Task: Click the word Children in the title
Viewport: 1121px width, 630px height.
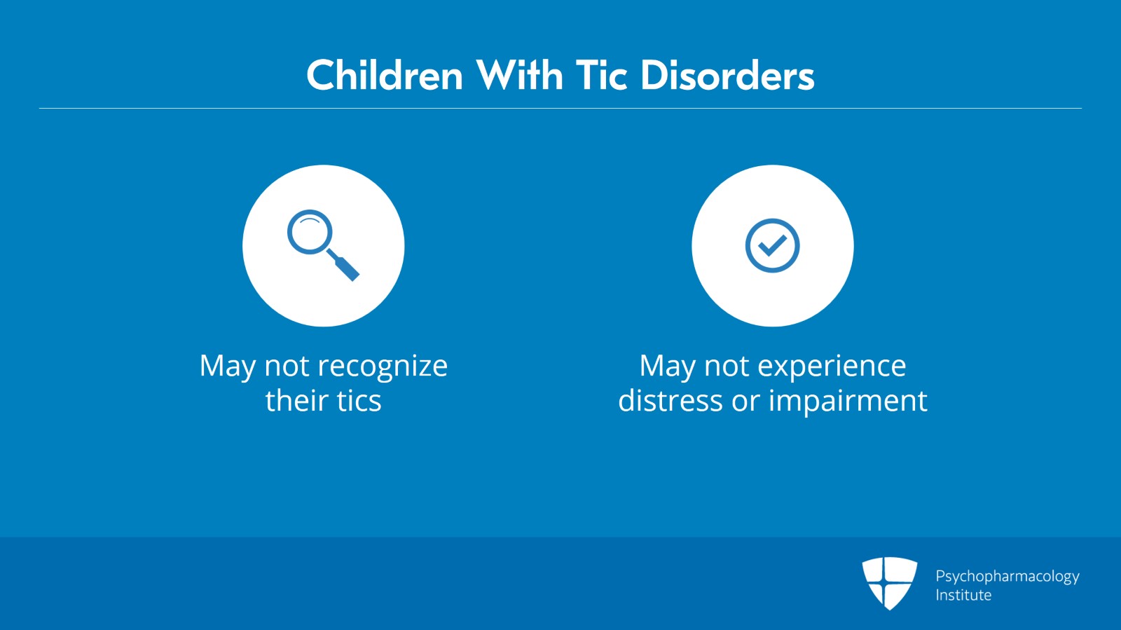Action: [x=385, y=75]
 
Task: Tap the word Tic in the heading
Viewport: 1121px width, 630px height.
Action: [x=601, y=75]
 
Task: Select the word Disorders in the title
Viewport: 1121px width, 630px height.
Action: [x=728, y=75]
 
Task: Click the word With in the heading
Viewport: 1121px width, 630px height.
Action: [x=519, y=75]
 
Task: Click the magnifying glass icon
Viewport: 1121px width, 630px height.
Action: [x=323, y=245]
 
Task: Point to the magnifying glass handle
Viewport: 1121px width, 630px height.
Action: [x=343, y=265]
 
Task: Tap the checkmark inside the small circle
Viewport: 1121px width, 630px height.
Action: [x=772, y=245]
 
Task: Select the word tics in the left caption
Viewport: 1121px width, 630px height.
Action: [x=359, y=400]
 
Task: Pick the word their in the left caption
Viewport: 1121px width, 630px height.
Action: [x=296, y=400]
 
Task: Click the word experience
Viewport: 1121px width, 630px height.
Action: [x=832, y=366]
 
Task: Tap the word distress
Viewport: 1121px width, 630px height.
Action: [x=670, y=400]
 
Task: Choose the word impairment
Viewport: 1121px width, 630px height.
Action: [x=848, y=401]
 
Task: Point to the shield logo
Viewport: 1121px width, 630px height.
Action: [x=889, y=583]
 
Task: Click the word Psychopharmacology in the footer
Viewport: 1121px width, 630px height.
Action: [x=1007, y=577]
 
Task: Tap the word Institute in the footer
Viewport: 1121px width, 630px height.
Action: [x=963, y=595]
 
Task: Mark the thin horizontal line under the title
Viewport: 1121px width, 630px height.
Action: [x=560, y=108]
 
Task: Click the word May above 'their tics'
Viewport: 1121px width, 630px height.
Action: [x=227, y=367]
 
